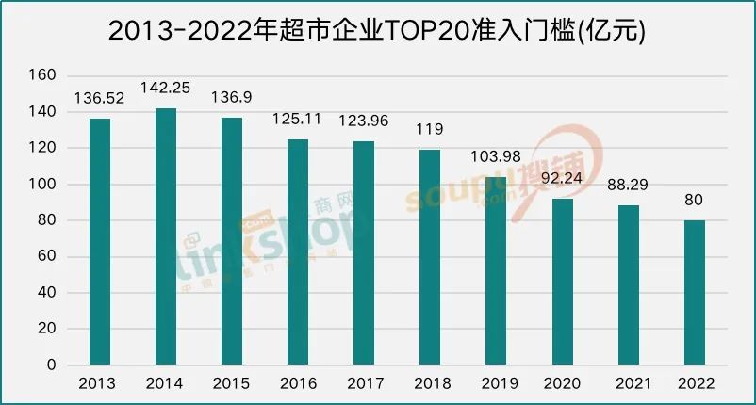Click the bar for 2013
click(x=99, y=241)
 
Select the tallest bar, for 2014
click(x=165, y=236)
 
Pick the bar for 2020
click(x=562, y=282)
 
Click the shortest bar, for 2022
click(x=695, y=292)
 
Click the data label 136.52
click(x=99, y=98)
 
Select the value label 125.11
click(x=298, y=119)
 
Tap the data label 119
click(x=430, y=129)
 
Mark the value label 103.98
click(x=496, y=156)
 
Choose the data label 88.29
click(x=629, y=185)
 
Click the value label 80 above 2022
click(x=695, y=200)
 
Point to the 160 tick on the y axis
click(x=44, y=75)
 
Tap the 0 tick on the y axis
click(x=53, y=364)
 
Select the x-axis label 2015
click(x=231, y=383)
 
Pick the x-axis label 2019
click(x=496, y=383)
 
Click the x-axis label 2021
click(x=629, y=383)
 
